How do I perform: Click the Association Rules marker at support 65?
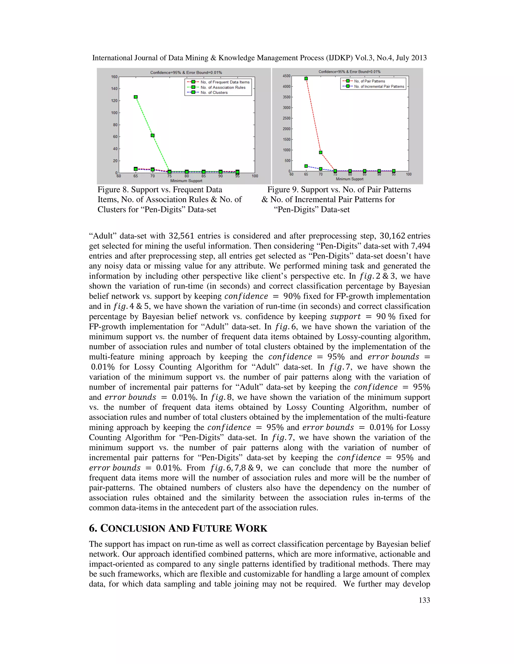(136, 97)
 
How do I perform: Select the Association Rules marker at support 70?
(153, 136)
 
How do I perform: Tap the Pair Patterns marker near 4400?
(306, 79)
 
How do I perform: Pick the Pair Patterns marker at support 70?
(321, 153)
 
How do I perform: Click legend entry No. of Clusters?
(214, 93)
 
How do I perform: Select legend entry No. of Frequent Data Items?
(225, 82)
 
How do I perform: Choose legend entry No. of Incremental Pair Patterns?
(379, 87)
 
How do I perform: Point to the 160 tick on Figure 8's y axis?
(114, 77)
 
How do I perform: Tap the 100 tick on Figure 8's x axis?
(255, 176)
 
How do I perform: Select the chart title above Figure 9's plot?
(349, 72)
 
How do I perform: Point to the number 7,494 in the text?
(420, 246)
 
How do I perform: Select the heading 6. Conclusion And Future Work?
(178, 528)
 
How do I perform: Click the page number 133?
(424, 600)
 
